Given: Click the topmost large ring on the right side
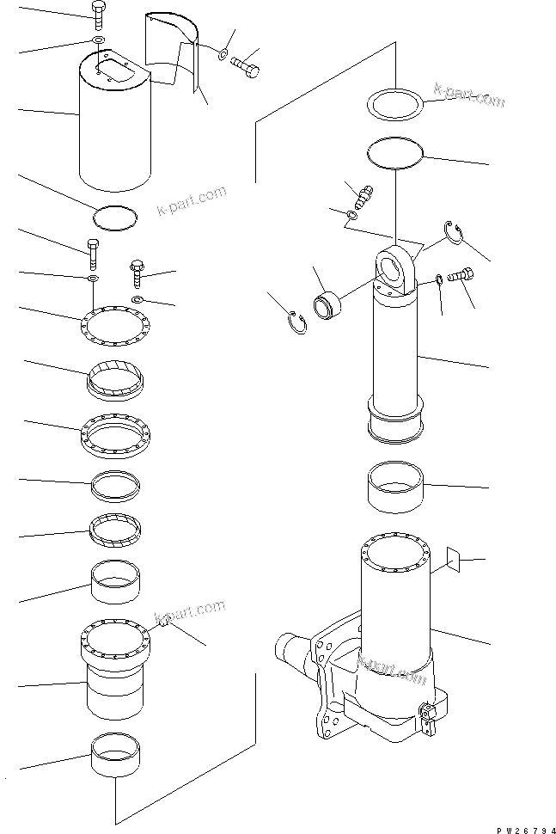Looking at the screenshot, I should click(x=396, y=107).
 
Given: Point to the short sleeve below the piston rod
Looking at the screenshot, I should click(x=395, y=487).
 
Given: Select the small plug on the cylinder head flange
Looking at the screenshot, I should click(x=161, y=629).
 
